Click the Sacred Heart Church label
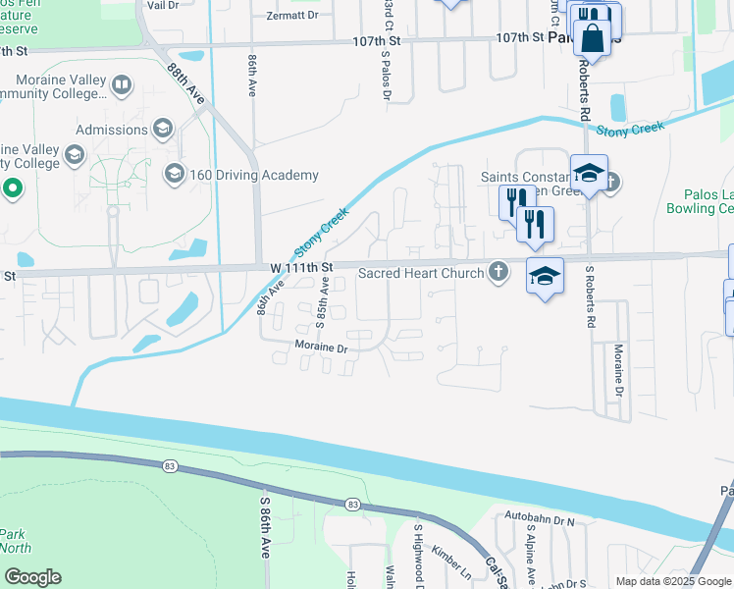coord(421,273)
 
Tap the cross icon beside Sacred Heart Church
coord(498,273)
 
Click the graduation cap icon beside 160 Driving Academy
coord(174,175)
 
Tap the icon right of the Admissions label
coord(162,129)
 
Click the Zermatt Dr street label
coord(292,17)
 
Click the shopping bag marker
coord(594,39)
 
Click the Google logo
coord(31,577)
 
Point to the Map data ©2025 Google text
coord(671,581)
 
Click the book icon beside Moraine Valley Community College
coord(121,85)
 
